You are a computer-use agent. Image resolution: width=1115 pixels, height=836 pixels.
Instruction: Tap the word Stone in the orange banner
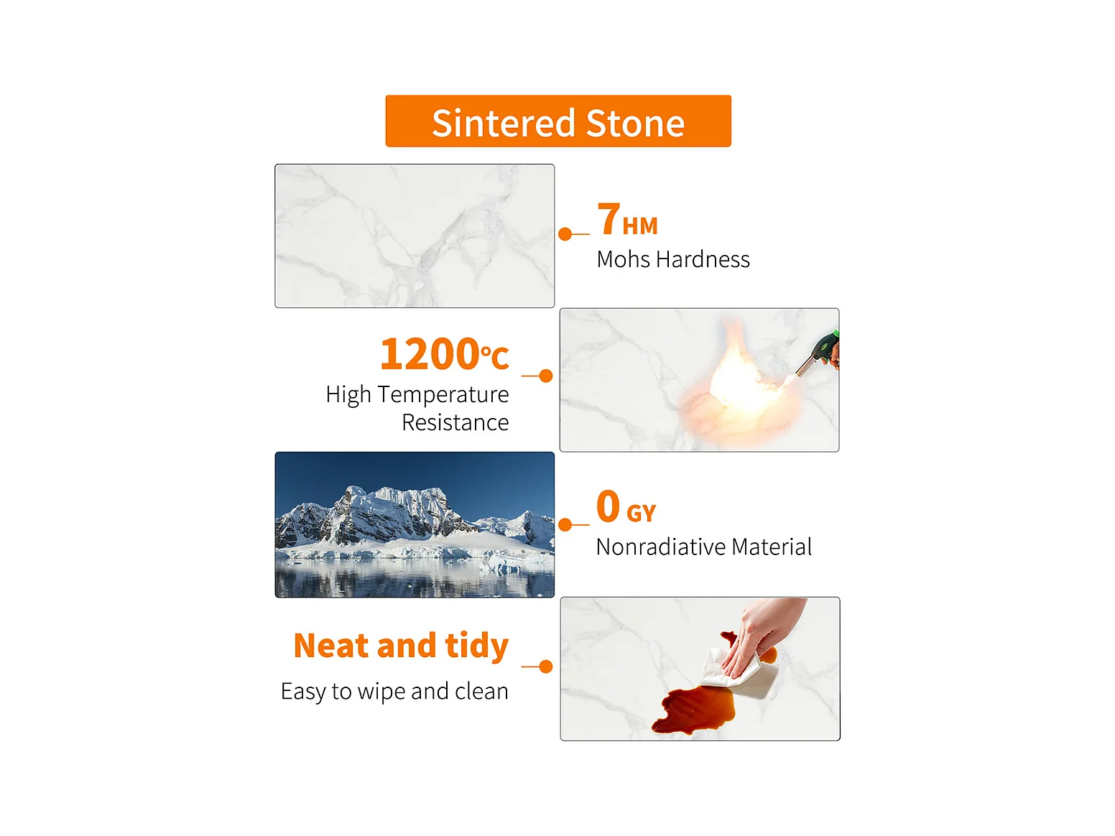click(x=636, y=124)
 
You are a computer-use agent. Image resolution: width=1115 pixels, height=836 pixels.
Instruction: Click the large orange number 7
click(x=609, y=219)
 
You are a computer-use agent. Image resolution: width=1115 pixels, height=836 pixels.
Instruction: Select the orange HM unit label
click(x=639, y=226)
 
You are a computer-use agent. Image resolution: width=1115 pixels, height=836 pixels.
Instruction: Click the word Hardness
click(x=703, y=259)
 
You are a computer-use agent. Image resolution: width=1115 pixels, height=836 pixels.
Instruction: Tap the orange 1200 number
click(x=429, y=354)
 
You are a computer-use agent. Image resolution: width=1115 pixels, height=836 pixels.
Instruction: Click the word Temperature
click(x=443, y=395)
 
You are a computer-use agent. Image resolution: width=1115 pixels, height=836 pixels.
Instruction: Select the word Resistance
click(x=455, y=422)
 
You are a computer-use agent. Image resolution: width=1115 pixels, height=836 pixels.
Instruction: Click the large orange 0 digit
click(x=608, y=506)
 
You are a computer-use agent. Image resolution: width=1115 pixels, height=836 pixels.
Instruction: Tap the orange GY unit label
click(x=641, y=514)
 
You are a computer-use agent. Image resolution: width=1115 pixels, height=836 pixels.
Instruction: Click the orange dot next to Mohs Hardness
click(x=565, y=234)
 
